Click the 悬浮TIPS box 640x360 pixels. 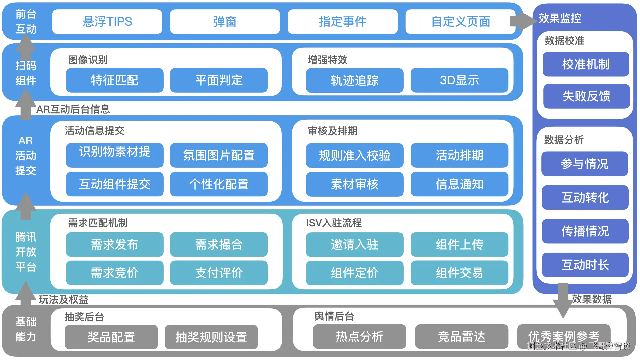coord(107,22)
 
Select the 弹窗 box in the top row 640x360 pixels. coord(225,22)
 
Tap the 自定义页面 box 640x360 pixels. coord(460,22)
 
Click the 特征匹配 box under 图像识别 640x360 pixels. coord(115,80)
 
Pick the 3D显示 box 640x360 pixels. coord(459,80)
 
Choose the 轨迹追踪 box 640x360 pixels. coord(355,80)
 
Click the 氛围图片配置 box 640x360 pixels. coord(219,155)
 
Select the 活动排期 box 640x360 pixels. coord(459,155)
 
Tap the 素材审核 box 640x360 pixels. coord(355,184)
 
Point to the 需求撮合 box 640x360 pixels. coord(219,245)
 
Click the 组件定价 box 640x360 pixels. coord(355,273)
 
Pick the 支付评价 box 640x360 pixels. coord(219,273)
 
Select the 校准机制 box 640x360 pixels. coord(586,64)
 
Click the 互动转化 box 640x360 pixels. coord(585,198)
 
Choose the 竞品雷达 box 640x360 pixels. coord(461,337)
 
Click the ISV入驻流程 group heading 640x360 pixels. coord(334,223)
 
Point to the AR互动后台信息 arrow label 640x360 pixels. coord(73,109)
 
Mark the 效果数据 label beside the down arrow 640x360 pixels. coord(592,299)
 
